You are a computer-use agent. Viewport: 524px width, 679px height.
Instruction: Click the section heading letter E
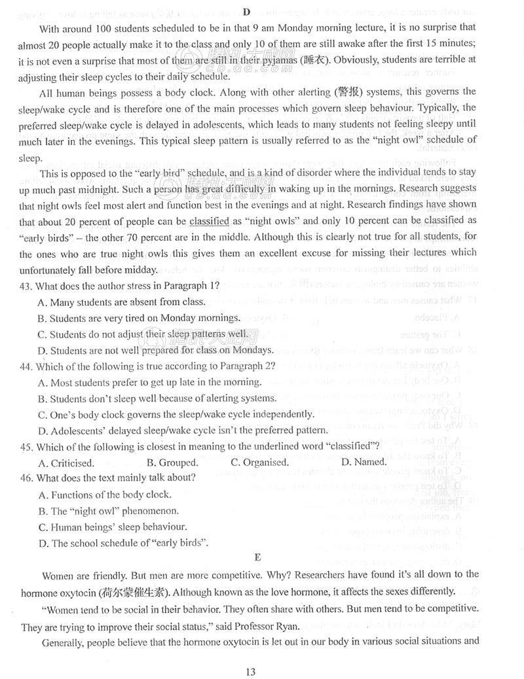(x=257, y=557)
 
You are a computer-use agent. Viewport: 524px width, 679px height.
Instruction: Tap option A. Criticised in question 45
(x=65, y=462)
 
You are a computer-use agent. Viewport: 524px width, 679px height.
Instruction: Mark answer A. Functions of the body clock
(x=105, y=495)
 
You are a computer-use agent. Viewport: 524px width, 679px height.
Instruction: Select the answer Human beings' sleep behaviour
(x=113, y=527)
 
